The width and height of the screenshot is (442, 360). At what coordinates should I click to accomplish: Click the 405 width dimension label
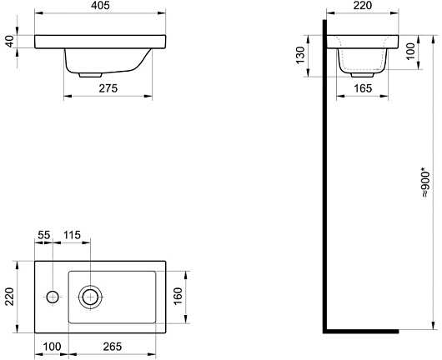pyautogui.click(x=100, y=6)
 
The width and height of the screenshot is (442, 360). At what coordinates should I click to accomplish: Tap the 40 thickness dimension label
pyautogui.click(x=9, y=42)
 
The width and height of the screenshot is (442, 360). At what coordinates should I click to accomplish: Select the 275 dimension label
pyautogui.click(x=108, y=88)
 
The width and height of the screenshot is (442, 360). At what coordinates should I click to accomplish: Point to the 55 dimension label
pyautogui.click(x=44, y=235)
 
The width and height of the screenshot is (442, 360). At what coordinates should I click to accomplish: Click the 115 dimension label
pyautogui.click(x=72, y=235)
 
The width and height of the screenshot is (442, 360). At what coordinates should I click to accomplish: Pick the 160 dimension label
pyautogui.click(x=178, y=296)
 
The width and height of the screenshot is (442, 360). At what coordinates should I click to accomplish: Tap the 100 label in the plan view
pyautogui.click(x=52, y=347)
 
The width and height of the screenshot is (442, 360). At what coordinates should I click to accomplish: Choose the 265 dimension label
pyautogui.click(x=113, y=347)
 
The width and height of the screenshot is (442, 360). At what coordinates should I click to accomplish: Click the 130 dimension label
pyautogui.click(x=300, y=55)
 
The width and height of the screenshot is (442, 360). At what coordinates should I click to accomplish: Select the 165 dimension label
pyautogui.click(x=363, y=88)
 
